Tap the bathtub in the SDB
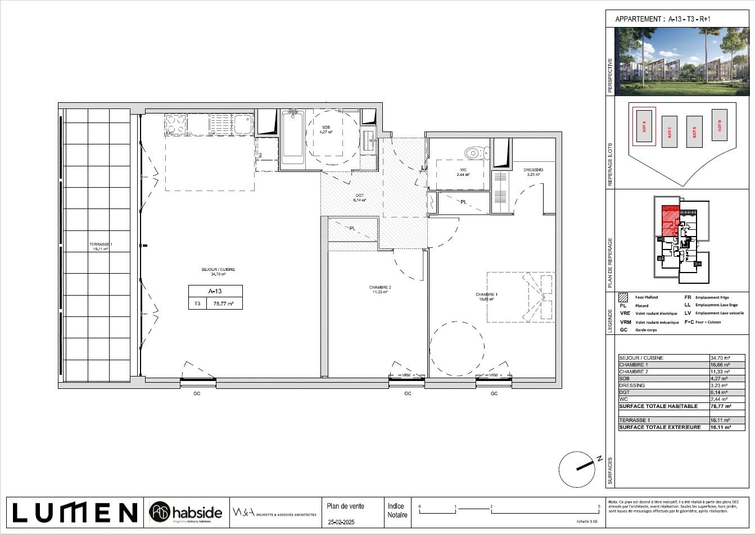point(292,137)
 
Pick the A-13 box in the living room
point(215,291)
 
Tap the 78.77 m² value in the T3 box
point(224,303)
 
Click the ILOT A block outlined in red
point(644,126)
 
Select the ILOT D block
point(719,125)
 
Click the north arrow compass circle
point(576,468)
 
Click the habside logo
point(187,512)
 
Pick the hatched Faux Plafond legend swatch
point(623,298)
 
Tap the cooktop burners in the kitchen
point(175,124)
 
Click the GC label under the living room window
point(197,394)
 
